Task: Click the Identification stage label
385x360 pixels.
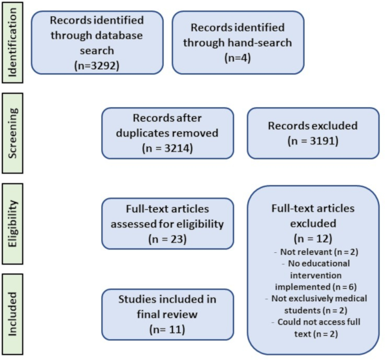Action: (12, 42)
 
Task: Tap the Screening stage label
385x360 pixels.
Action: (12, 133)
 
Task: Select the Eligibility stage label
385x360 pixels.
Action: (12, 223)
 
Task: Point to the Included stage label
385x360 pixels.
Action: (12, 314)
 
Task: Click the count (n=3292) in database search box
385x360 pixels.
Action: (97, 65)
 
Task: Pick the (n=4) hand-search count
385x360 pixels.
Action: (238, 58)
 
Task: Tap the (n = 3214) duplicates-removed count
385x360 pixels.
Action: (168, 148)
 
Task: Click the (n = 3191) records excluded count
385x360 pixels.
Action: (313, 141)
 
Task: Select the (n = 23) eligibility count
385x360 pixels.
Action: (168, 238)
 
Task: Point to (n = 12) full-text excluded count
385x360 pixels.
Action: (313, 238)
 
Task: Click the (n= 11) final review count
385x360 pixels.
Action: (167, 329)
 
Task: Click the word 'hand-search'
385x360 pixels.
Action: (260, 42)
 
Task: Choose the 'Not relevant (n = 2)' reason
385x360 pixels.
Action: (319, 252)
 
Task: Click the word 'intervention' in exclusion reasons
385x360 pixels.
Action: (316, 275)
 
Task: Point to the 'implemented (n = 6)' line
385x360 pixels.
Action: (316, 287)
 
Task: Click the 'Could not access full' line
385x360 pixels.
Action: (318, 322)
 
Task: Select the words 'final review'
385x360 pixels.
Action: (167, 314)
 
